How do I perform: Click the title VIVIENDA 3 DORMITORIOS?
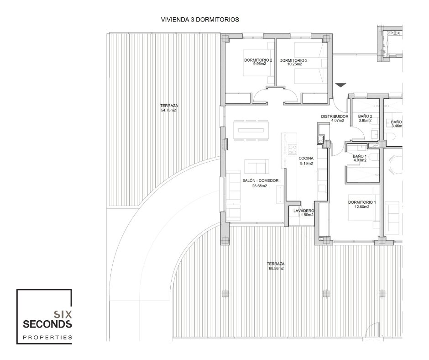200,20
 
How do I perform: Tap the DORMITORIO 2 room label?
258,60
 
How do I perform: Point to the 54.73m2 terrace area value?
168,110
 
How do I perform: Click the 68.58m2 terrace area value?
276,269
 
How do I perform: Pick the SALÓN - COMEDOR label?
261,180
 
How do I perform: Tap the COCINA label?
306,159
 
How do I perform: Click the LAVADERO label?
303,211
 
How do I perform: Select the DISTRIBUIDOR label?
335,116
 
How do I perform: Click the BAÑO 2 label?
365,116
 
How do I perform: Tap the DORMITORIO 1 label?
362,202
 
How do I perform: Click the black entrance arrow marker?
340,85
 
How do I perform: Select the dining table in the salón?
251,130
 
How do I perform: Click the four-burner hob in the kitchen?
292,150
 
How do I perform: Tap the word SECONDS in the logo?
47,324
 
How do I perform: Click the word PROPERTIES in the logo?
47,338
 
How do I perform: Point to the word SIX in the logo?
63,314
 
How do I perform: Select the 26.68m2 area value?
259,186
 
